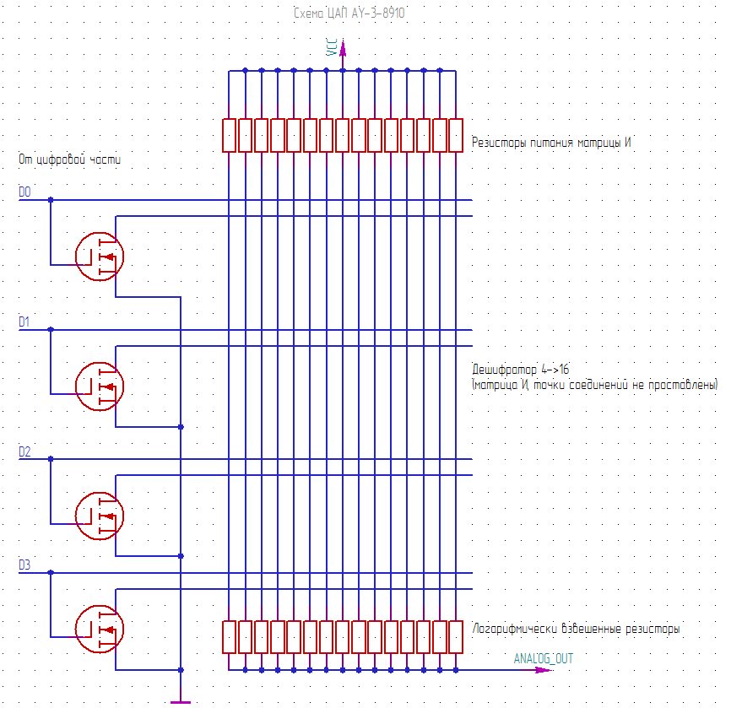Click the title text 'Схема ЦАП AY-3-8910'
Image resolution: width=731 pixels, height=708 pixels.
pos(349,14)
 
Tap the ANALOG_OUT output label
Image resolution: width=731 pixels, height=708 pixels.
pos(543,658)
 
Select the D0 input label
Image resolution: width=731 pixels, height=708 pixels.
pos(24,193)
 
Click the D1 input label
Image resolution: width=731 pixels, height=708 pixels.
pos(24,322)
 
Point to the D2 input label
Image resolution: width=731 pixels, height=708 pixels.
pos(24,452)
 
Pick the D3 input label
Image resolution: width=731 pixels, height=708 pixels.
pos(24,565)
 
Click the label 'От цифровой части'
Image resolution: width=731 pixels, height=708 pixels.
pos(69,159)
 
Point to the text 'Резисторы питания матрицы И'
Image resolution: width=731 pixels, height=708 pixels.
pos(552,143)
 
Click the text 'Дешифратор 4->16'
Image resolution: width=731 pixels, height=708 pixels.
pos(520,370)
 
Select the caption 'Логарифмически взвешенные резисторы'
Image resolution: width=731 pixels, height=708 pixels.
pos(577,630)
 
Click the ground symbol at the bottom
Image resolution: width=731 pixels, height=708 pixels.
pos(181,700)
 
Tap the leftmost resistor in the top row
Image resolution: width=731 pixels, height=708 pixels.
pos(229,135)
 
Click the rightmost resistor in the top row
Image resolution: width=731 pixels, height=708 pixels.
pos(456,135)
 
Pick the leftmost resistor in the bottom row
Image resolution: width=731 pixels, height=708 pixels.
pos(229,637)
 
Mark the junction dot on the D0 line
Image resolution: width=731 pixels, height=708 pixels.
pos(51,200)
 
